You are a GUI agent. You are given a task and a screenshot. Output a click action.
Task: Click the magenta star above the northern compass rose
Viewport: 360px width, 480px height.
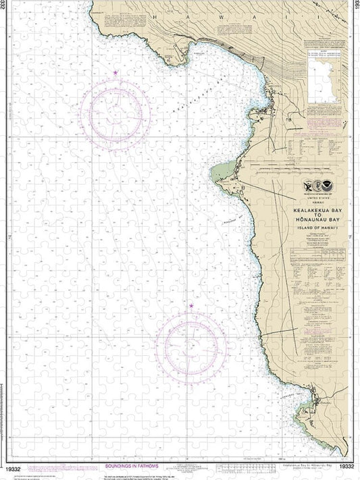116,72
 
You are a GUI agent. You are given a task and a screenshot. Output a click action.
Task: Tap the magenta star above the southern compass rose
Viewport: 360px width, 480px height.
191,306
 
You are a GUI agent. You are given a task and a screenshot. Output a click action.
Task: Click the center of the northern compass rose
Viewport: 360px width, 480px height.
115,108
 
